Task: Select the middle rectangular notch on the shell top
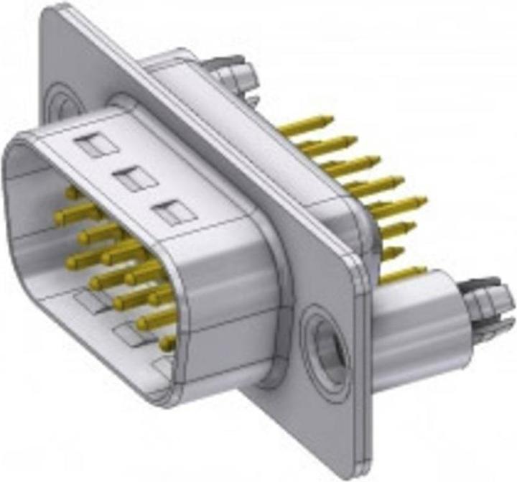pyautogui.click(x=136, y=179)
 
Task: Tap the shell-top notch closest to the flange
pyautogui.click(x=175, y=212)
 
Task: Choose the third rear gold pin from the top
pyautogui.click(x=352, y=164)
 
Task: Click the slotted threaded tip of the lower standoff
pyautogui.click(x=488, y=302)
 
